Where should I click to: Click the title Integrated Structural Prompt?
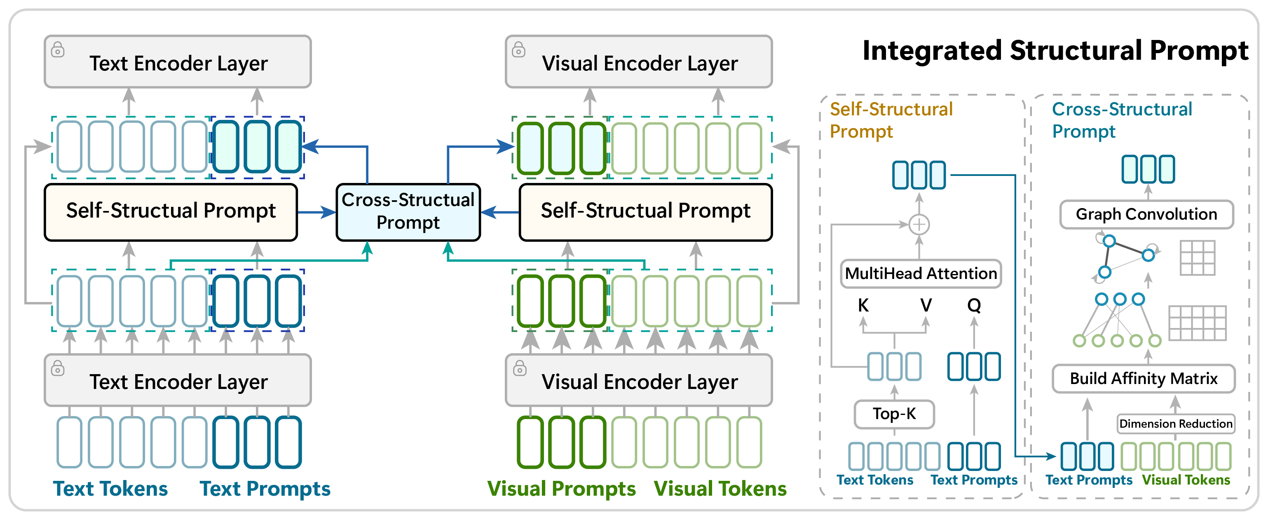point(1055,51)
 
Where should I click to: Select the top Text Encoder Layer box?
point(178,62)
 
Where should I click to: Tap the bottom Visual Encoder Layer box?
point(638,381)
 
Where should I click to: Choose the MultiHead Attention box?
point(921,274)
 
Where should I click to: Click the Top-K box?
point(894,414)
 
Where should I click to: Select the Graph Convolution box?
point(1146,215)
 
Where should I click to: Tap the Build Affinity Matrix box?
point(1143,379)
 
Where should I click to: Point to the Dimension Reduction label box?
point(1175,424)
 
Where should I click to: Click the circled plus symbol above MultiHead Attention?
point(919,225)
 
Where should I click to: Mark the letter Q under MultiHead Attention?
point(974,305)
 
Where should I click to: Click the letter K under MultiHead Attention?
point(863,305)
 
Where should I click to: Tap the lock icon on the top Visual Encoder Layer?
point(518,50)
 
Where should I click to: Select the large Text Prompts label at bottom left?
point(265,489)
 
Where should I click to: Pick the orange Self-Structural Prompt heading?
point(891,120)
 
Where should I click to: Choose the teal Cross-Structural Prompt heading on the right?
point(1121,120)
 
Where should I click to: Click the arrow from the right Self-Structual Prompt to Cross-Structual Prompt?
point(499,213)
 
